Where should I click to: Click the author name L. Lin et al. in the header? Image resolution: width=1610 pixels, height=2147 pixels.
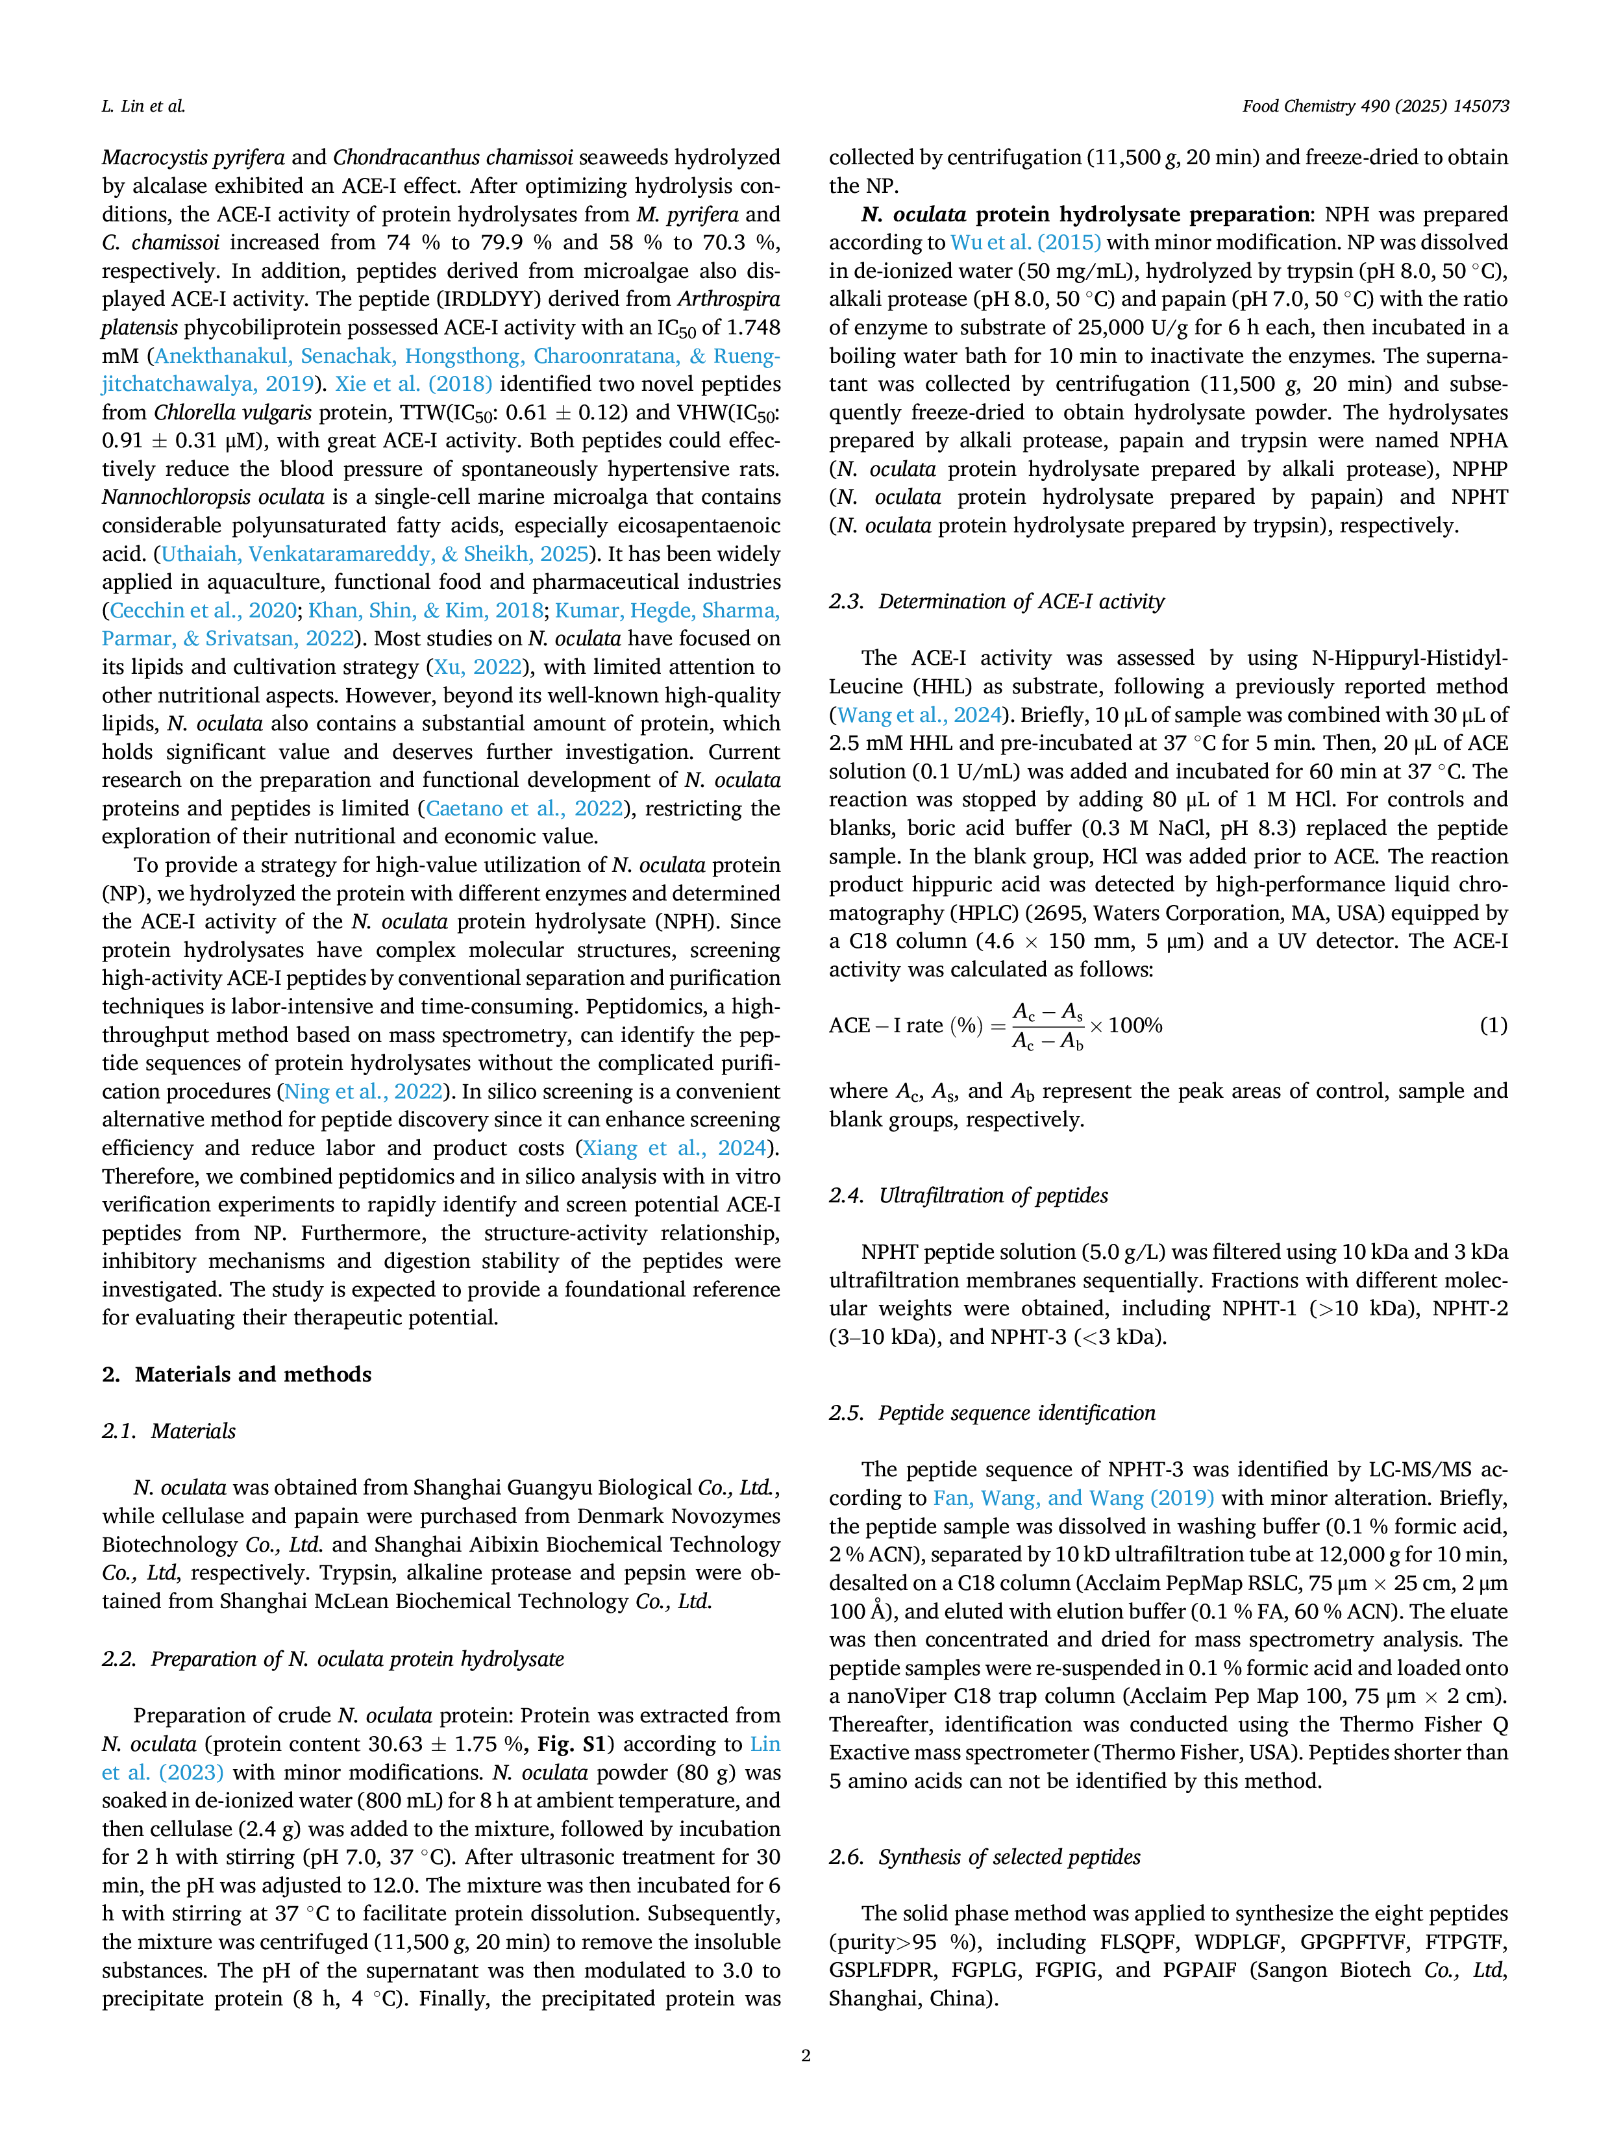143,106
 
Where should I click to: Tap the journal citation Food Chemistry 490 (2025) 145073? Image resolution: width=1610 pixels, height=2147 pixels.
1375,106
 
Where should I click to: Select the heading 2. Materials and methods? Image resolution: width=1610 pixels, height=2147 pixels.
237,1374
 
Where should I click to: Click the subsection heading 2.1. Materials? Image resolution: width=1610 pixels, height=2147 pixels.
169,1431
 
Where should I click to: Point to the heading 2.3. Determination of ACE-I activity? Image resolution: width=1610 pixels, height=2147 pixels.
997,602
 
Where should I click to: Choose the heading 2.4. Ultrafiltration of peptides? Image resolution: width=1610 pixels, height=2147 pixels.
969,1196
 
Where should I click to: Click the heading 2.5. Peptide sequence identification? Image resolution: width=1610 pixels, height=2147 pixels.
992,1413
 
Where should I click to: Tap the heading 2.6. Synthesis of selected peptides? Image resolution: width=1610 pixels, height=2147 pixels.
985,1857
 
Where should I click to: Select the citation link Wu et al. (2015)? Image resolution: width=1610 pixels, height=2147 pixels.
1026,243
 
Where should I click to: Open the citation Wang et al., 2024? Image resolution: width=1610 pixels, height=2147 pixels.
919,715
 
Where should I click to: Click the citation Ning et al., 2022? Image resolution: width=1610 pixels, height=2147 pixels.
363,1092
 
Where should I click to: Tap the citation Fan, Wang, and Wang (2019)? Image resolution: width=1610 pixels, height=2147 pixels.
1073,1498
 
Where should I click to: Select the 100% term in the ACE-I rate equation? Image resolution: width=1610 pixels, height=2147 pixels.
1135,1026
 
